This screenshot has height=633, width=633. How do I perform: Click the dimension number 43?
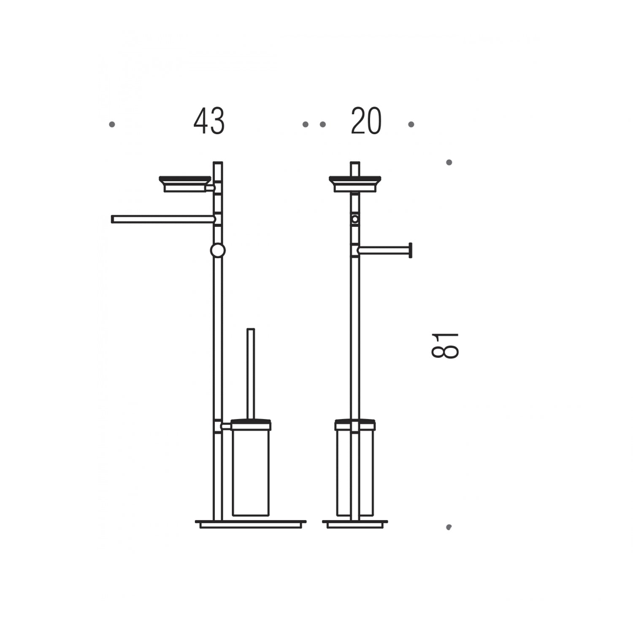[209, 121]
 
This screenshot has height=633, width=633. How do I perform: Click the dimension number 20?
[366, 121]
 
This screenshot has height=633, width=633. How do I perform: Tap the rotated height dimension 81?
[445, 345]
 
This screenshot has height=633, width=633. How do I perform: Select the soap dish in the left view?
[185, 184]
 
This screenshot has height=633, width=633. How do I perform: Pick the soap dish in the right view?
[355, 184]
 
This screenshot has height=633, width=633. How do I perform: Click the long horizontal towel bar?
[163, 219]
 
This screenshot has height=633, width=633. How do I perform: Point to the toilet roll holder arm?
[382, 251]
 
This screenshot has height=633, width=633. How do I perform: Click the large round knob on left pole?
[218, 251]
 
